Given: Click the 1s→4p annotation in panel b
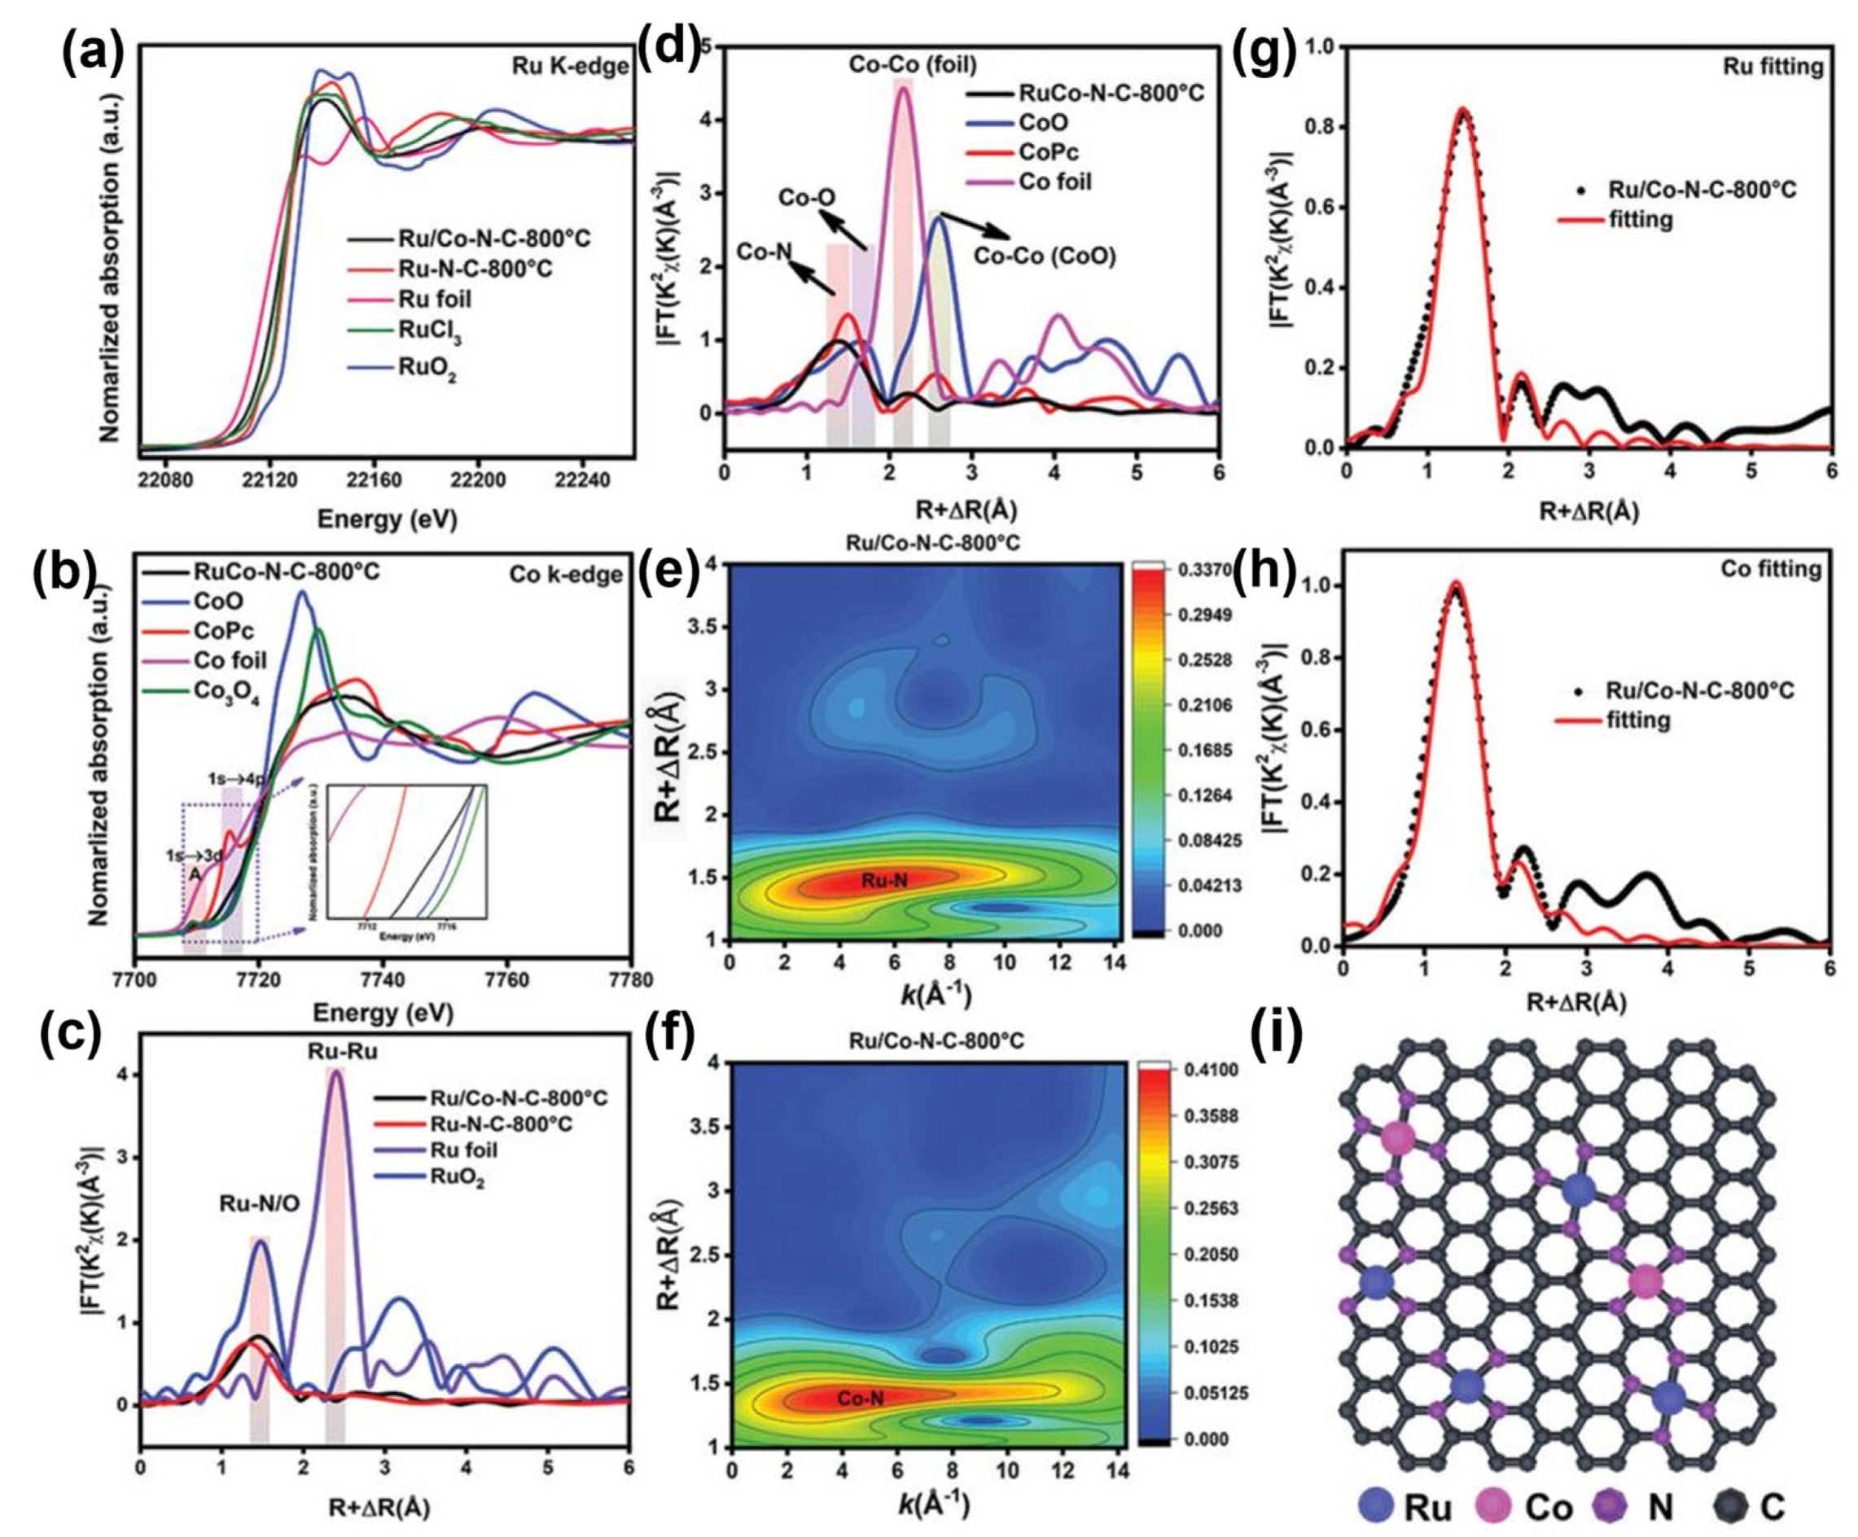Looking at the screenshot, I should pyautogui.click(x=236, y=778).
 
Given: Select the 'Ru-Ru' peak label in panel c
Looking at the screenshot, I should pyautogui.click(x=336, y=1052).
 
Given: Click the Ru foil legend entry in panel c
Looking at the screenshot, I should pyautogui.click(x=463, y=1149).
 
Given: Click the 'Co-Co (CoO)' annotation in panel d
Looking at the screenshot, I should pyautogui.click(x=1044, y=256).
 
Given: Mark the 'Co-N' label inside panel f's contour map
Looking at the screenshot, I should pyautogui.click(x=860, y=1397).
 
